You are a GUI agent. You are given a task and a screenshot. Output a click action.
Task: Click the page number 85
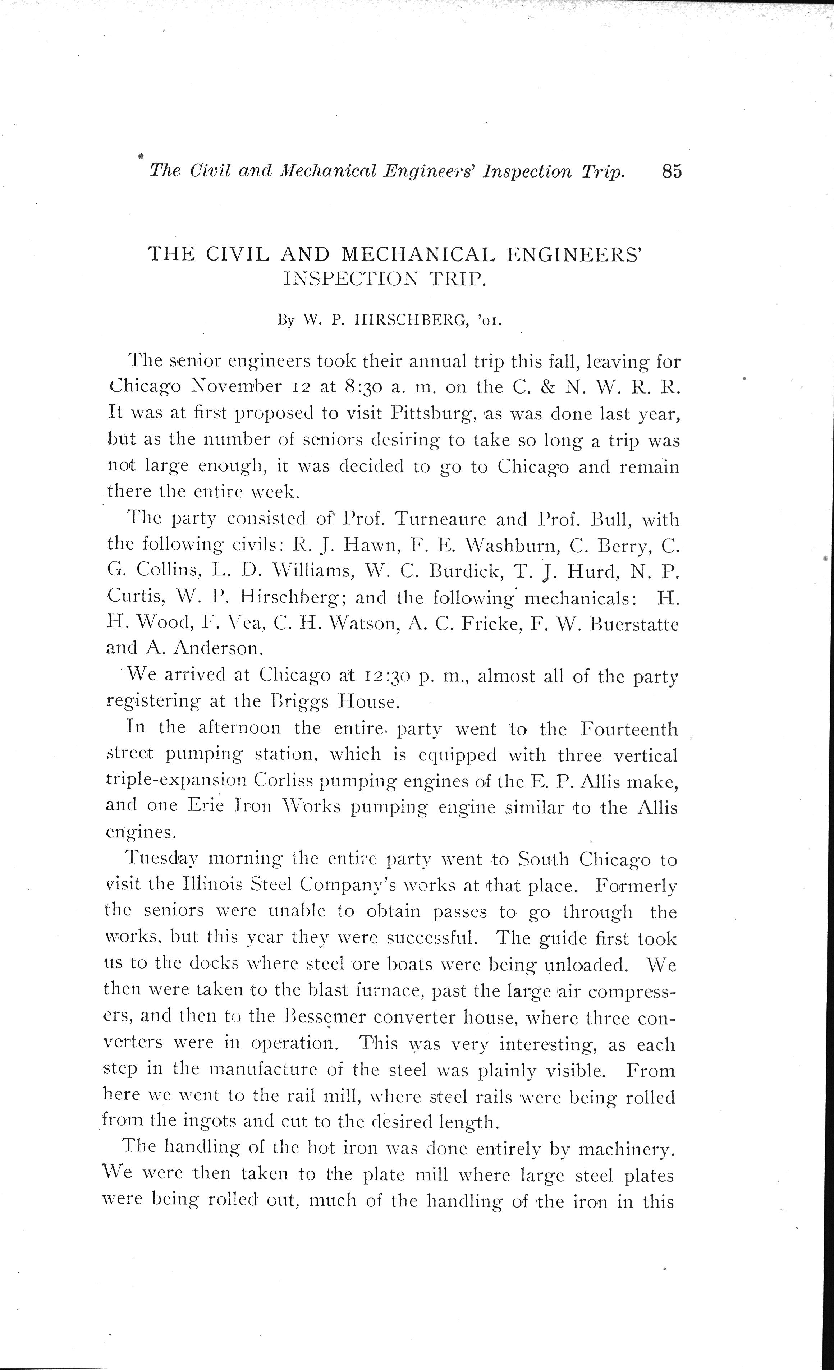click(x=671, y=171)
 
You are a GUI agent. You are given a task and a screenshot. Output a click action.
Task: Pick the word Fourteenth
click(x=628, y=729)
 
